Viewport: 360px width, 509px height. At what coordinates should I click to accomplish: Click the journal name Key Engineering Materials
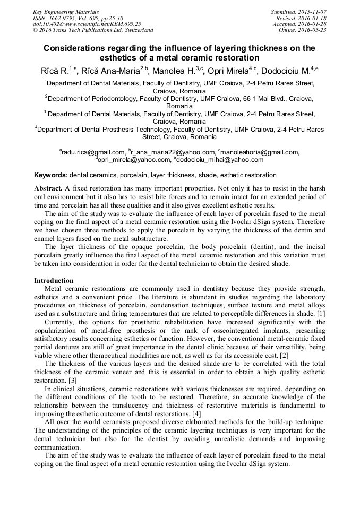pyautogui.click(x=65, y=11)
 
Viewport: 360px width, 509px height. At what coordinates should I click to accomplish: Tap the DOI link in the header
pyautogui.click(x=87, y=24)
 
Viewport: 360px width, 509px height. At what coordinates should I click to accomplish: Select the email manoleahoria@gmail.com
pyautogui.click(x=260, y=152)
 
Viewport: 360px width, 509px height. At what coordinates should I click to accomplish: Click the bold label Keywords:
pyautogui.click(x=51, y=175)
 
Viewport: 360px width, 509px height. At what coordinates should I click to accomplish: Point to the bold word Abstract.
pyautogui.click(x=48, y=188)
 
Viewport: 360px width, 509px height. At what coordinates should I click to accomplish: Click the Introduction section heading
pyautogui.click(x=54, y=280)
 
